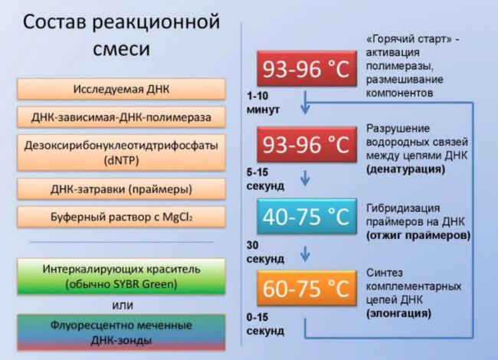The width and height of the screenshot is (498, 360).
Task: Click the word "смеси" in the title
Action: (x=121, y=49)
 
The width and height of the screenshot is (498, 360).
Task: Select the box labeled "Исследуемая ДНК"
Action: (x=121, y=89)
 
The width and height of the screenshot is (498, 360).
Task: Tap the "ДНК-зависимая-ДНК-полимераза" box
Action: (x=121, y=117)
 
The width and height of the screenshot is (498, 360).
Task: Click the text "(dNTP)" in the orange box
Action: (x=121, y=160)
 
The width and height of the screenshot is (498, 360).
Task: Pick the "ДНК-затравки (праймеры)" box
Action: (x=121, y=189)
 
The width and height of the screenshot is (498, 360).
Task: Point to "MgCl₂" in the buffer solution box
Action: (x=178, y=217)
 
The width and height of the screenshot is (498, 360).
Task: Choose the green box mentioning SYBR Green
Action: (x=121, y=277)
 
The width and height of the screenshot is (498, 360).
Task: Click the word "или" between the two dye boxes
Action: (x=123, y=306)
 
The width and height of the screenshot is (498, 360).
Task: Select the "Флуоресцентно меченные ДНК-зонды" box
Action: (x=121, y=332)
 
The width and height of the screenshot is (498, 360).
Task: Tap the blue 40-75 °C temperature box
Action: (x=306, y=217)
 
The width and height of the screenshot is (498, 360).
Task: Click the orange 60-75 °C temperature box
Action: (x=306, y=288)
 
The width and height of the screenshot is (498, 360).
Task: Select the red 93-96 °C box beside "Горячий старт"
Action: (x=306, y=68)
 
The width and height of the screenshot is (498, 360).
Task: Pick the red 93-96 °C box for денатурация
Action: (x=306, y=144)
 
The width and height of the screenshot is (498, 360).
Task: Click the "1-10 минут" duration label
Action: (x=264, y=103)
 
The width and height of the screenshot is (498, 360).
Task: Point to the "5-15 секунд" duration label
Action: (x=265, y=179)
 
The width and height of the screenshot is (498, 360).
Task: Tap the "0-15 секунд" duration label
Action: (x=265, y=324)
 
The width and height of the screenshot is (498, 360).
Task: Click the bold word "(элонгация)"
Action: (x=398, y=313)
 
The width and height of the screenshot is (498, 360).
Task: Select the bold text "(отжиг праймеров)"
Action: (x=418, y=236)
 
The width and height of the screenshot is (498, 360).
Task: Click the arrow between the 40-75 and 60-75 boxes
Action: (x=305, y=254)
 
